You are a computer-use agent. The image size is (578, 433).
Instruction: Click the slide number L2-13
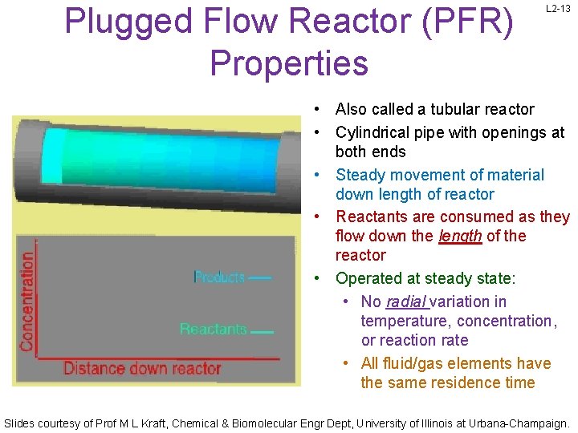pos(558,9)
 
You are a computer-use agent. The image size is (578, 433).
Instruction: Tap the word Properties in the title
pos(289,63)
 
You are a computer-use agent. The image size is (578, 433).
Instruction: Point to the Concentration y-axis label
pos(27,301)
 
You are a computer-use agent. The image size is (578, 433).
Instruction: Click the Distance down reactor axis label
pos(142,369)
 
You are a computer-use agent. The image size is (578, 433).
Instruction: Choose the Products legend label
pos(220,277)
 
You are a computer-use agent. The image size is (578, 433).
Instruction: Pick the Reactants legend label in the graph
pos(214,330)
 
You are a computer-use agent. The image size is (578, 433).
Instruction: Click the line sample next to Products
pos(260,278)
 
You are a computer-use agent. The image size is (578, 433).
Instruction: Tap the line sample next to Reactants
pos(262,331)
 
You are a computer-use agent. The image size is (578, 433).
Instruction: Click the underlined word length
pos(460,237)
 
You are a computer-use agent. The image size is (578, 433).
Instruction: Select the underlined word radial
pos(405,302)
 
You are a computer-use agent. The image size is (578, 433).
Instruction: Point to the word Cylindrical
pos(376,132)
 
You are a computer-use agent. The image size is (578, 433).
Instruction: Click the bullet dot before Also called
pos(319,109)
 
